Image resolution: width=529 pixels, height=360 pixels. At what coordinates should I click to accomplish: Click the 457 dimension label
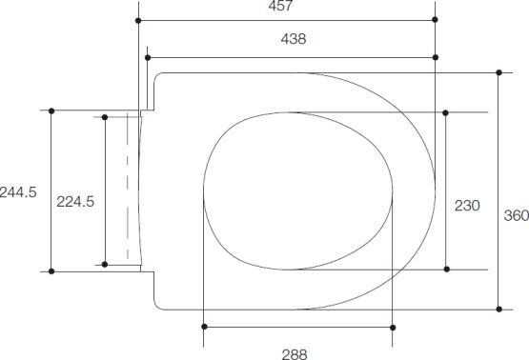280,6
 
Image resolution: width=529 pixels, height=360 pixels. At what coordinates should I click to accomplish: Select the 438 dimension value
294,39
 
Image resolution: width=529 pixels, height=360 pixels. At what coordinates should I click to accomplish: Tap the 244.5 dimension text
18,192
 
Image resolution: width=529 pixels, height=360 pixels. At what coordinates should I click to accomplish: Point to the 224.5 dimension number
75,202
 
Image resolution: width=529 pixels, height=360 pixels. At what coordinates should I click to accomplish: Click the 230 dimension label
467,206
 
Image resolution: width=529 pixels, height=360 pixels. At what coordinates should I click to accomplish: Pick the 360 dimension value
517,215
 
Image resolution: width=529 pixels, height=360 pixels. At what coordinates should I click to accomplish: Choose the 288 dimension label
295,354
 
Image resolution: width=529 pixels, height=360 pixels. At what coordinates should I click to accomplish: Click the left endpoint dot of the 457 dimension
138,21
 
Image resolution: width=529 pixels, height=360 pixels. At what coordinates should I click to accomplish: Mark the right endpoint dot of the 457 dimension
435,20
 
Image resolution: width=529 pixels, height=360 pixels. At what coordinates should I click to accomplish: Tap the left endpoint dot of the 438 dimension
148,58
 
